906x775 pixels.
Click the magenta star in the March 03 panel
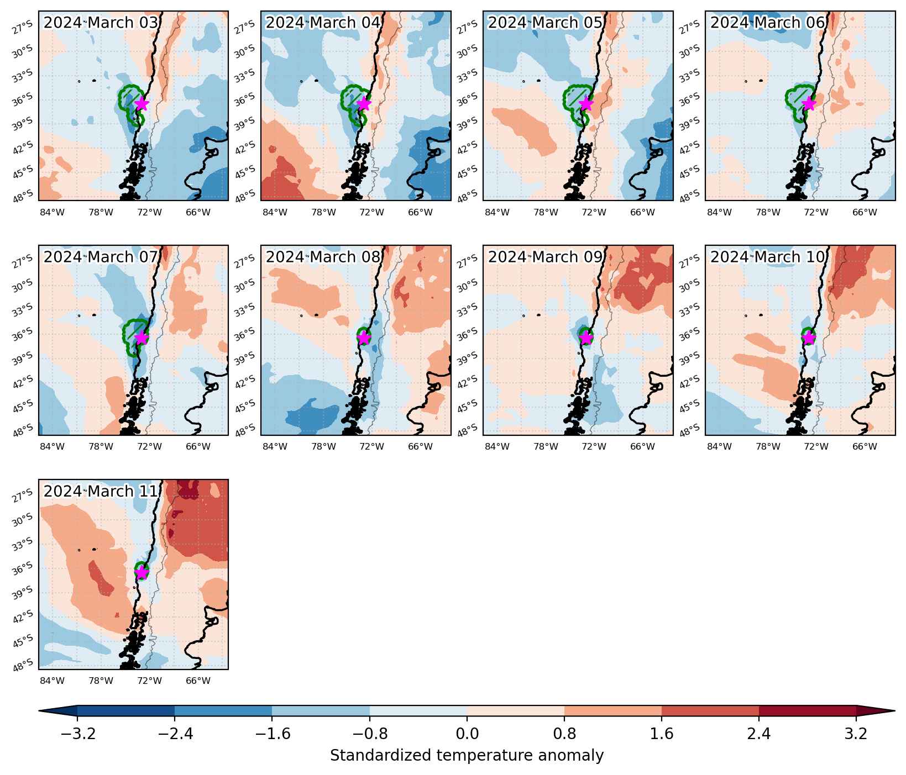[142, 103]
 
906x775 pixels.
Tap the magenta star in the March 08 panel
[364, 338]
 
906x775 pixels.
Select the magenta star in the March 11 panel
[142, 572]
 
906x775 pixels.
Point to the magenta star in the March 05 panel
[586, 103]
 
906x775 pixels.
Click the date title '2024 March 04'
[323, 23]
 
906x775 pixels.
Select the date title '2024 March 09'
[546, 257]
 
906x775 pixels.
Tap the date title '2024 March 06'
[768, 23]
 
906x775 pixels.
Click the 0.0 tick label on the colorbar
[467, 734]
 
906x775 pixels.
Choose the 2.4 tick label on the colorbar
[759, 734]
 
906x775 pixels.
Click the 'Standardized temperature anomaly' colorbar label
[467, 756]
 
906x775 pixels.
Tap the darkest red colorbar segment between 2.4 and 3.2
[808, 711]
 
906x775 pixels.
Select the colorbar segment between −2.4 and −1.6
[223, 711]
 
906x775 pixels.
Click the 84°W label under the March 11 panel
[53, 681]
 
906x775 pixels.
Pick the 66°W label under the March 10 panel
[865, 446]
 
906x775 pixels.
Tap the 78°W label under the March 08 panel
[323, 446]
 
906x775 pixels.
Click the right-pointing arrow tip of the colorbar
[895, 711]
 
